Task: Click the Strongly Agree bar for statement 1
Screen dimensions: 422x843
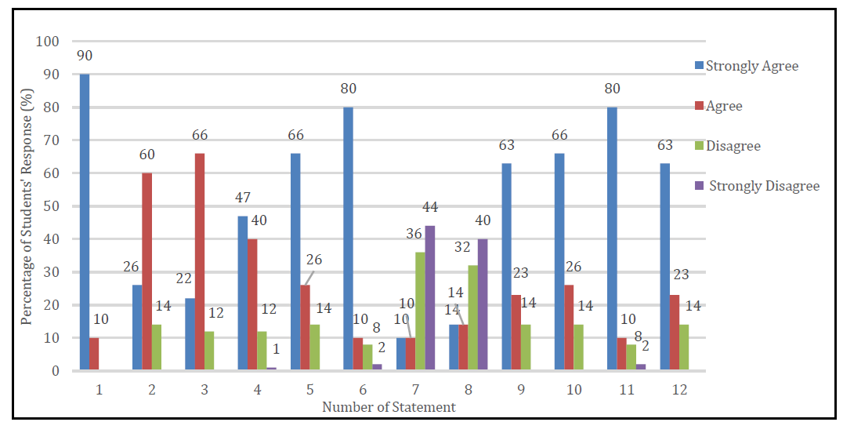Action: (x=84, y=222)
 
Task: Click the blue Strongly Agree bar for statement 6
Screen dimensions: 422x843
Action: (x=348, y=238)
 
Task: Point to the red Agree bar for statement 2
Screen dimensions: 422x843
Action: (x=147, y=271)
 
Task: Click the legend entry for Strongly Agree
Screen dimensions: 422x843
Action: (x=751, y=66)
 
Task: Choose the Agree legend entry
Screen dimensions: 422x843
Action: (x=722, y=106)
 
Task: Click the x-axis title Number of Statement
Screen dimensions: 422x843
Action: (x=389, y=407)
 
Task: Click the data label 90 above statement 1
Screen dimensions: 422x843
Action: (x=85, y=56)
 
